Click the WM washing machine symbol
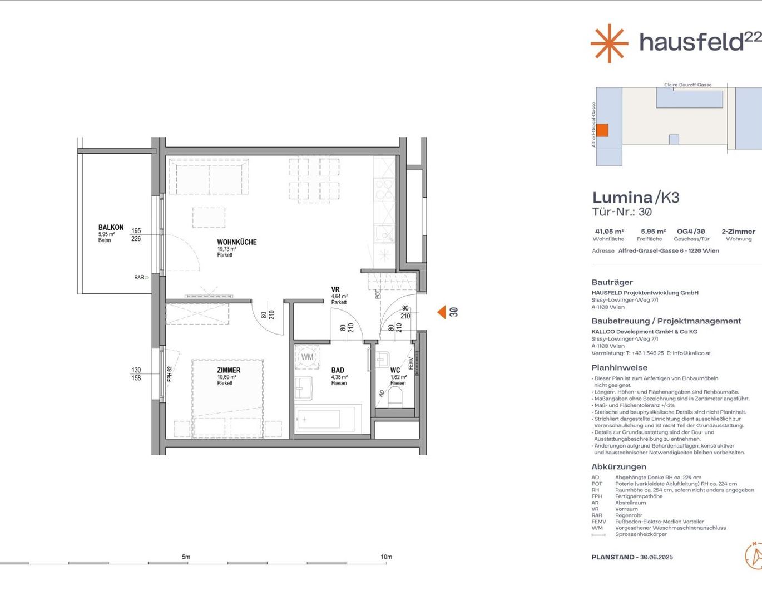[x=307, y=357]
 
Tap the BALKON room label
[x=111, y=227]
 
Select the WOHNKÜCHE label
[x=237, y=242]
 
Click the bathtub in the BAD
[x=328, y=419]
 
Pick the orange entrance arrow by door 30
[x=442, y=312]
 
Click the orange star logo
[x=610, y=43]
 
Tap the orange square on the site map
[x=602, y=130]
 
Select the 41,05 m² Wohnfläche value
[x=610, y=231]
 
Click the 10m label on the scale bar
[x=386, y=557]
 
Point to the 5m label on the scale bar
[x=186, y=557]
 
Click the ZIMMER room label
[x=229, y=370]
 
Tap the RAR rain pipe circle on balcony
[x=146, y=277]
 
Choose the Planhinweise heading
[x=619, y=367]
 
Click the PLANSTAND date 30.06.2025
[x=656, y=557]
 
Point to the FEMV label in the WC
[x=412, y=363]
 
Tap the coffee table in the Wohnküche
[x=209, y=218]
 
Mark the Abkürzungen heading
[x=618, y=466]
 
